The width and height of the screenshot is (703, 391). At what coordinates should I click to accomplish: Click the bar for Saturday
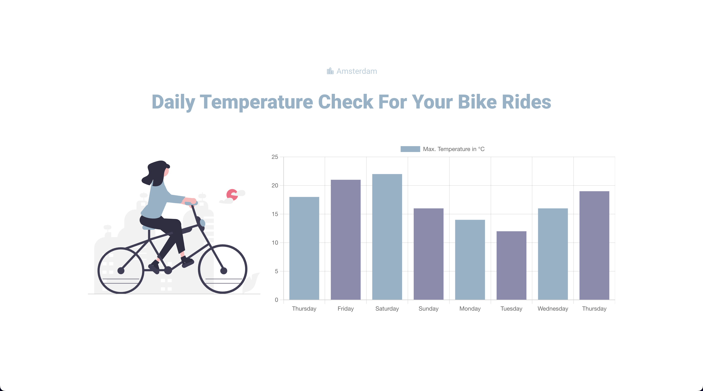(x=387, y=237)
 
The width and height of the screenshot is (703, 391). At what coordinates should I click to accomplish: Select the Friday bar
(x=345, y=240)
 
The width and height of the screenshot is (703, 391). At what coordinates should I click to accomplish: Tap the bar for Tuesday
(x=511, y=265)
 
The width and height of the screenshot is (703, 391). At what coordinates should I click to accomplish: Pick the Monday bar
(x=470, y=260)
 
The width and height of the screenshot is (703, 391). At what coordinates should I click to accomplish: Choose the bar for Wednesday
(x=553, y=254)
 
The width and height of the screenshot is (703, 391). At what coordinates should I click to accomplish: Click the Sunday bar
(x=428, y=254)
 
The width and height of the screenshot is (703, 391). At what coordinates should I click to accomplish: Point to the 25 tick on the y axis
(x=275, y=157)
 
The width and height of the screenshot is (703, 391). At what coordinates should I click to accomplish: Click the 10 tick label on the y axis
(x=275, y=243)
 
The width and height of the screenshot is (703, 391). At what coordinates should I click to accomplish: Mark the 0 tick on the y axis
(x=277, y=300)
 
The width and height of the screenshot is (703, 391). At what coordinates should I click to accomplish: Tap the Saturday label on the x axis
(x=387, y=308)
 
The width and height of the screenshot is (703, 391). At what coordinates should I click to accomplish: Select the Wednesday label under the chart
(x=553, y=308)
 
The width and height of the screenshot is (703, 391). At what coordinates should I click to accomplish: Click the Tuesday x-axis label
(x=511, y=308)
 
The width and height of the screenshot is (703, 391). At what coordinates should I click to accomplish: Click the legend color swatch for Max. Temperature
(x=410, y=149)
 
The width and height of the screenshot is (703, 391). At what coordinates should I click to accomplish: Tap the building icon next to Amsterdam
(x=330, y=71)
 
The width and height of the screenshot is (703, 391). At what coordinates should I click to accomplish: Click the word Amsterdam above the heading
(x=357, y=71)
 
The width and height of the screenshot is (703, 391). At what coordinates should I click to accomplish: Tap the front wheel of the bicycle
(x=223, y=269)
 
